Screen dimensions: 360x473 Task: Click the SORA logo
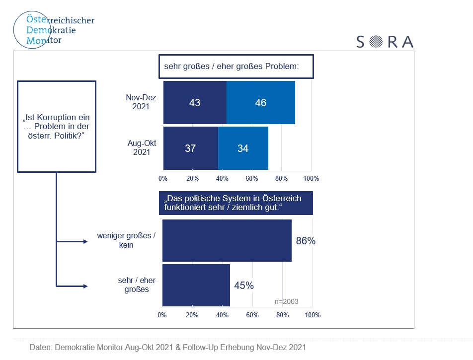(385, 42)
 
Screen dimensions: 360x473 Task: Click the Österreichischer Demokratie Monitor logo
(53, 30)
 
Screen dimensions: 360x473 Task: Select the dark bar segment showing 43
(195, 103)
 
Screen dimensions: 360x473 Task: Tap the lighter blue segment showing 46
(260, 103)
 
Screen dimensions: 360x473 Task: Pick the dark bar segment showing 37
(190, 148)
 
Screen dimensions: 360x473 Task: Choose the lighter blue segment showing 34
(243, 148)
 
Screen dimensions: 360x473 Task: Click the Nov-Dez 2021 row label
(141, 102)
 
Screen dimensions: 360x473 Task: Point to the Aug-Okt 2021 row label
(142, 147)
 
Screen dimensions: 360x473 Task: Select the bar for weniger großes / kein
(227, 241)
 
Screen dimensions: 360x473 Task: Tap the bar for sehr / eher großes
(196, 286)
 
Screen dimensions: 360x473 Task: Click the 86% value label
(306, 241)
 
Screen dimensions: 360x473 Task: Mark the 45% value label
(244, 286)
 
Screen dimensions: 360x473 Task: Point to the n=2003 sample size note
(287, 301)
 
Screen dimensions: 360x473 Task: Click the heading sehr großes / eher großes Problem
(236, 66)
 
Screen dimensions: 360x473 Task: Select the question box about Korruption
(56, 127)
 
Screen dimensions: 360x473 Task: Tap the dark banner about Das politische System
(236, 203)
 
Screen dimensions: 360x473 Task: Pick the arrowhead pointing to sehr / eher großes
(85, 286)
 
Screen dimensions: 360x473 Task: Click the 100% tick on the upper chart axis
(311, 178)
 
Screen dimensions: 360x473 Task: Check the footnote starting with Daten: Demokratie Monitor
(168, 347)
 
